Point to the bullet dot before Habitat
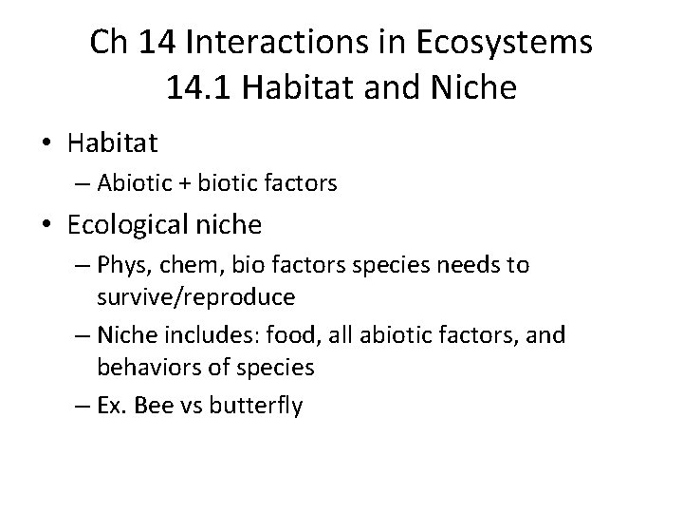point(46,144)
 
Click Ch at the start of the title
point(107,44)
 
